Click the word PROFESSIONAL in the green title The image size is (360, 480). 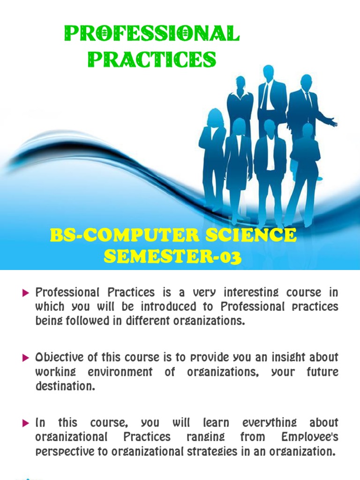(x=152, y=33)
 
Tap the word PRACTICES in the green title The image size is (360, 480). (x=152, y=59)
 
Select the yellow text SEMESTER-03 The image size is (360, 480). (x=172, y=256)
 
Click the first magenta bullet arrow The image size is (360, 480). (x=26, y=293)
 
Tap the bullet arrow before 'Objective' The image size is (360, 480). (x=26, y=358)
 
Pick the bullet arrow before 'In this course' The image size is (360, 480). (x=26, y=423)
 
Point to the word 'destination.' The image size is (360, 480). (x=66, y=386)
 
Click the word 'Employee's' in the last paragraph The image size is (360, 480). (x=310, y=437)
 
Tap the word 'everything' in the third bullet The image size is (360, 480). (x=270, y=423)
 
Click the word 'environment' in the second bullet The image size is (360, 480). (x=120, y=372)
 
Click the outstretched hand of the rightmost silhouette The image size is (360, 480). (x=333, y=121)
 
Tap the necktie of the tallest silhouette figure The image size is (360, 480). (x=266, y=95)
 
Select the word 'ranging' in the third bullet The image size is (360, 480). (x=206, y=437)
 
